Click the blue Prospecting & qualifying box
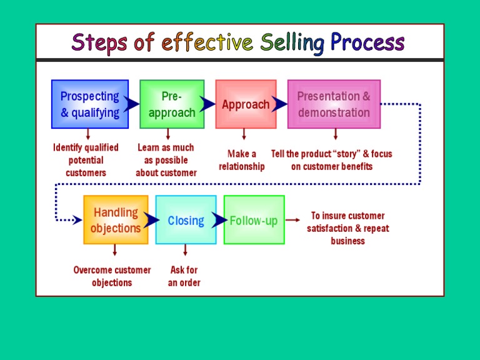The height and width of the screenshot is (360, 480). click(x=89, y=104)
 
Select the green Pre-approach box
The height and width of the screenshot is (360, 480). click(x=172, y=104)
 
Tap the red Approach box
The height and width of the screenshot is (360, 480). click(x=246, y=104)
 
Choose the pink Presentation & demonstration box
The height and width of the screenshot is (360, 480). click(x=334, y=104)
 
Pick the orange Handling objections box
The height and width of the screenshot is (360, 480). click(x=116, y=220)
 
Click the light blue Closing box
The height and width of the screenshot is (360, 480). click(x=186, y=220)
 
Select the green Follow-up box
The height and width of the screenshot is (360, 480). click(x=254, y=220)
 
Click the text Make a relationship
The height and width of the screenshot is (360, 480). click(x=242, y=160)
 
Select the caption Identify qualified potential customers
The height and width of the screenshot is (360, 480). click(x=86, y=160)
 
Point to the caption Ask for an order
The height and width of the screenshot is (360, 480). click(x=184, y=276)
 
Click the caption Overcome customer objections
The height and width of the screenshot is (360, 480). click(x=112, y=276)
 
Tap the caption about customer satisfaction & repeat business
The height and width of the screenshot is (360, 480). click(x=347, y=228)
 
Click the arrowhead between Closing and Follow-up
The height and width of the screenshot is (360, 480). click(x=219, y=220)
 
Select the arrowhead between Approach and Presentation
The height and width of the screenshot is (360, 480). click(x=280, y=104)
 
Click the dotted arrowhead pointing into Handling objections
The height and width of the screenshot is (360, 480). click(x=77, y=220)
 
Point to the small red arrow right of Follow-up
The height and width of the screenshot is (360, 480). click(x=293, y=220)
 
